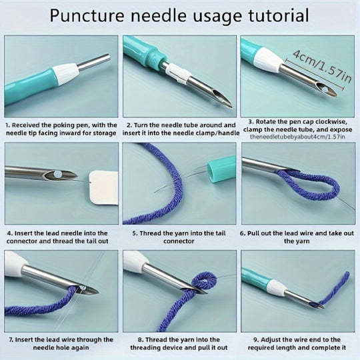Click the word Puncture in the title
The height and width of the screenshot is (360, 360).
tap(87, 15)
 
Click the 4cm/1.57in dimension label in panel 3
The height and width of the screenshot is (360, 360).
tap(322, 66)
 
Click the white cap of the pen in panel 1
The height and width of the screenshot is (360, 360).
tap(66, 73)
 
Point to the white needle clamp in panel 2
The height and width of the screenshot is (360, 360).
tap(179, 73)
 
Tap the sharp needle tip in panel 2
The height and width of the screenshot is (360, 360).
tap(231, 106)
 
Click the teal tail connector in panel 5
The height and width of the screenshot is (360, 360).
tap(221, 169)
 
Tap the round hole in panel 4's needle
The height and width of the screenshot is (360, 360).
tap(57, 175)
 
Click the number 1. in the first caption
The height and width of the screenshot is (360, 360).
tap(7, 125)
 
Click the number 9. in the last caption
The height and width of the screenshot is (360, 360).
tap(256, 339)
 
